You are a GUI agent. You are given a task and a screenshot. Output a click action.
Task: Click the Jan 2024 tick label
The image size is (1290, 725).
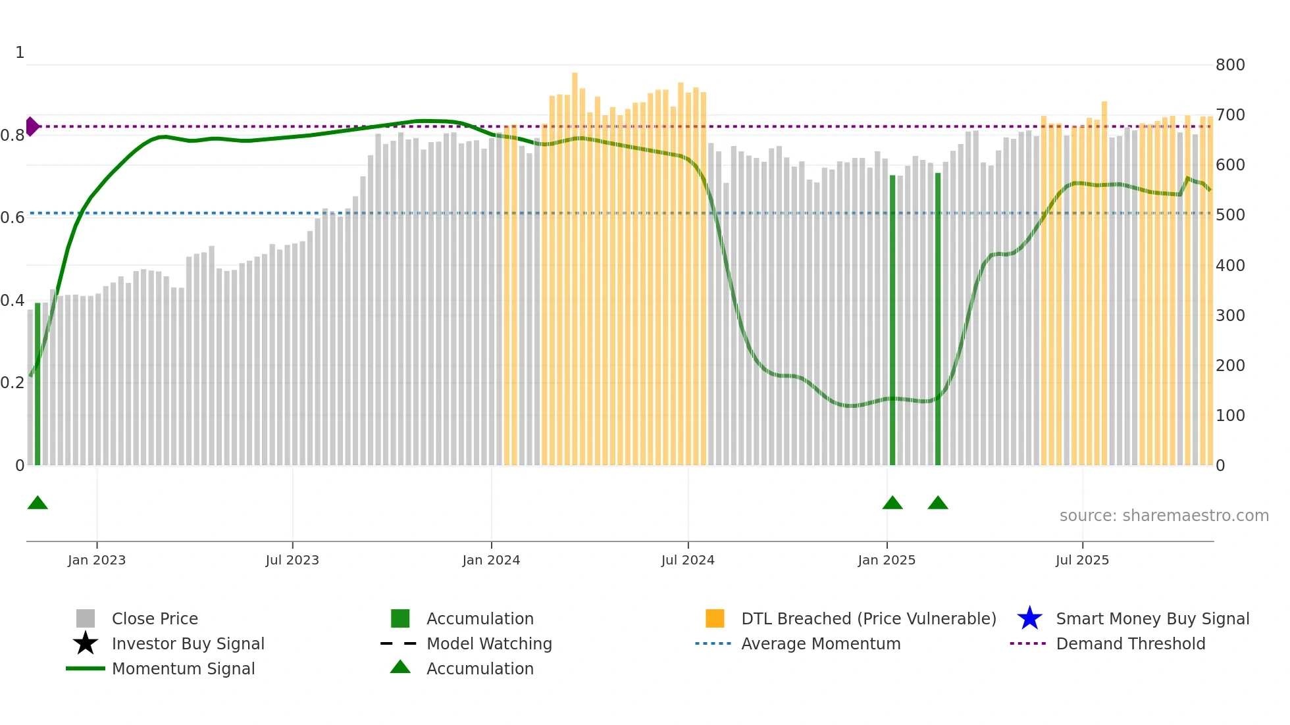pyautogui.click(x=491, y=560)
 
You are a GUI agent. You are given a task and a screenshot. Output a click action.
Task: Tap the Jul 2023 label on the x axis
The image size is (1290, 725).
pyautogui.click(x=292, y=560)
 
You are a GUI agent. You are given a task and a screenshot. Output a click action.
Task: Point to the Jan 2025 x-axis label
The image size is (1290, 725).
pyautogui.click(x=887, y=560)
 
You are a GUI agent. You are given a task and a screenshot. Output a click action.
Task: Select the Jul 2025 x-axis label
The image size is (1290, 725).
pyautogui.click(x=1082, y=560)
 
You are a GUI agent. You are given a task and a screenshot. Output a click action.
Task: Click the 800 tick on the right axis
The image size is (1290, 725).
pyautogui.click(x=1230, y=65)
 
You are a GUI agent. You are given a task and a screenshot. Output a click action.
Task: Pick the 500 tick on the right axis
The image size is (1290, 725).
pyautogui.click(x=1230, y=215)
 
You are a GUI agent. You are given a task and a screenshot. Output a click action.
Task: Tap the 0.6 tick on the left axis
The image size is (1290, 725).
pyautogui.click(x=13, y=218)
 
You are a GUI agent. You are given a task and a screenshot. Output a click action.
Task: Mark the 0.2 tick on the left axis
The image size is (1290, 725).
pyautogui.click(x=13, y=383)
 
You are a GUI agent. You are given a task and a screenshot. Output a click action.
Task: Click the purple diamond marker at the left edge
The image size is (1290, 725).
pyautogui.click(x=32, y=126)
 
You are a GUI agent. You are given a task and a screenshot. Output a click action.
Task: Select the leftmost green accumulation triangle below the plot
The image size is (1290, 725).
pyautogui.click(x=38, y=503)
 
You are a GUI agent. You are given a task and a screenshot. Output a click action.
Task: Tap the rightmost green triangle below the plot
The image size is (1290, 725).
pyautogui.click(x=938, y=503)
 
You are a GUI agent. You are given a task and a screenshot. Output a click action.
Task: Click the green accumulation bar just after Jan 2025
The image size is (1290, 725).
pyautogui.click(x=892, y=320)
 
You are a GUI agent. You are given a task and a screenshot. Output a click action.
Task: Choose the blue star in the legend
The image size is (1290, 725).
pyautogui.click(x=1029, y=618)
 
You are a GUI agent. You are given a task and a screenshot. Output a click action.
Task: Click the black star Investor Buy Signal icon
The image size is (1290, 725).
pyautogui.click(x=86, y=643)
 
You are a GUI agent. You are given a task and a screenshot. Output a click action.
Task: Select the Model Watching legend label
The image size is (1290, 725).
pyautogui.click(x=489, y=643)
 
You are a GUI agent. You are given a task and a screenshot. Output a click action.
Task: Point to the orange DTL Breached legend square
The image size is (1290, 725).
pyautogui.click(x=715, y=618)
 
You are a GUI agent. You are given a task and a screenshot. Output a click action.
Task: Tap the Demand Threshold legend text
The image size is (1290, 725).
pyautogui.click(x=1130, y=643)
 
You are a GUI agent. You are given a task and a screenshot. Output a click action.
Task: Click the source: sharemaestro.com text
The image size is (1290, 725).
pyautogui.click(x=1164, y=516)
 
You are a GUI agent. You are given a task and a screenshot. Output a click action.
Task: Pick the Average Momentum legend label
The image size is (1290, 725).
pyautogui.click(x=821, y=643)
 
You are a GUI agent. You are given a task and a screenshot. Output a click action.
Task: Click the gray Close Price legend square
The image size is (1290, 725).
pyautogui.click(x=86, y=618)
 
